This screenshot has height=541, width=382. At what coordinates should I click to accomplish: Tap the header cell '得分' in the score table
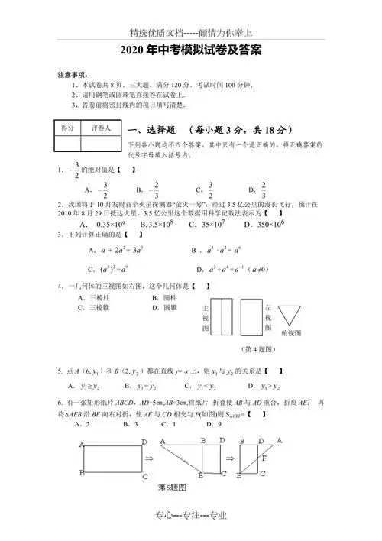click(x=67, y=129)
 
